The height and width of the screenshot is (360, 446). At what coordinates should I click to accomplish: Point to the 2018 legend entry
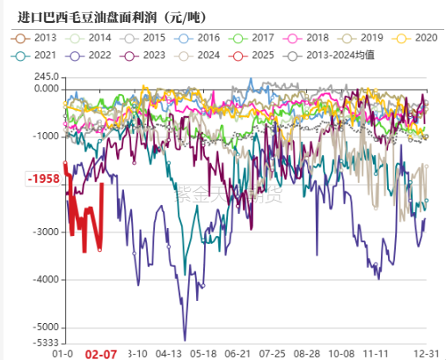(317, 38)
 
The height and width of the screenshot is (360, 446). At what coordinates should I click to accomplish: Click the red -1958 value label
(42, 179)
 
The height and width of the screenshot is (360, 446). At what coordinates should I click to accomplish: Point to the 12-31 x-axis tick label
(426, 353)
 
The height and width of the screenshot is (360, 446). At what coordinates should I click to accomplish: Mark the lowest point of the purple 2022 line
(185, 340)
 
